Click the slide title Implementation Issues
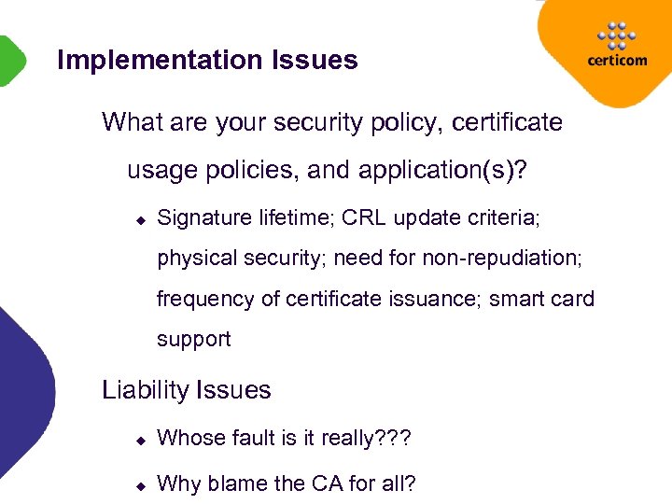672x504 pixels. point(207,61)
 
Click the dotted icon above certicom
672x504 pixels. point(615,35)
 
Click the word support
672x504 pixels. point(193,339)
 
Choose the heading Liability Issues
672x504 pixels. point(187,390)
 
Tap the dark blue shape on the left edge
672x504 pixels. point(23,392)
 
